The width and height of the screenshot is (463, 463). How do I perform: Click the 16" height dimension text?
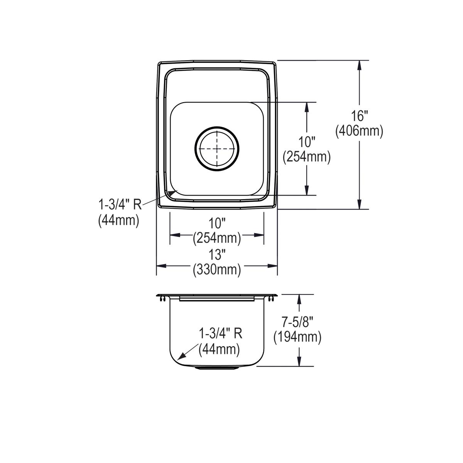coord(360,116)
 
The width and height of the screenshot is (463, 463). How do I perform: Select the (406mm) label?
coord(360,132)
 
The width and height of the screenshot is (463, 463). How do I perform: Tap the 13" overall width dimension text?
coord(217,255)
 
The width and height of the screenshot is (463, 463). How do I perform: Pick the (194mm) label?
coord(297,337)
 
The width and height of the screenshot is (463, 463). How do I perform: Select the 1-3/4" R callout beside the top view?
coord(120,204)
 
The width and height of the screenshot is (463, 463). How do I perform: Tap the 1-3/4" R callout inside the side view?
coord(220,333)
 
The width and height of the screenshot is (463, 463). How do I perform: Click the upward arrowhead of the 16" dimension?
coord(360,66)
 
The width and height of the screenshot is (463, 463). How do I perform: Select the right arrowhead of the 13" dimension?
coord(273,266)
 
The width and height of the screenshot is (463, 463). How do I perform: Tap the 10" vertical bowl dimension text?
coord(307,142)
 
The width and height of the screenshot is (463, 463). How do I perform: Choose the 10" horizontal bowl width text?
coord(217,223)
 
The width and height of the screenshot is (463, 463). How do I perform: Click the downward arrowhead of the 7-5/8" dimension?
coord(299,361)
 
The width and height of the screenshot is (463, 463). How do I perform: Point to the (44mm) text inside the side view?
coord(219,350)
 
